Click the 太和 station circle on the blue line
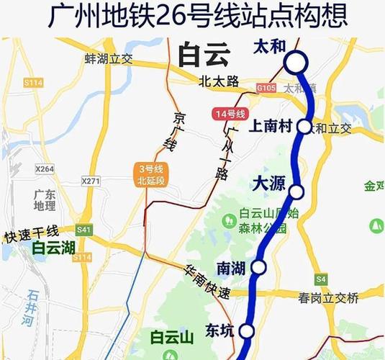coord(296,63)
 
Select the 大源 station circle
coord(296,191)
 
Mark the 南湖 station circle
coord(259,267)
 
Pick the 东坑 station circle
coord(247,331)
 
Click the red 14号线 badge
coord(230,114)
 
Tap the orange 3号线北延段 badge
coord(150,175)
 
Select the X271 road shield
coord(91,181)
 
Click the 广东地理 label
coord(45,200)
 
